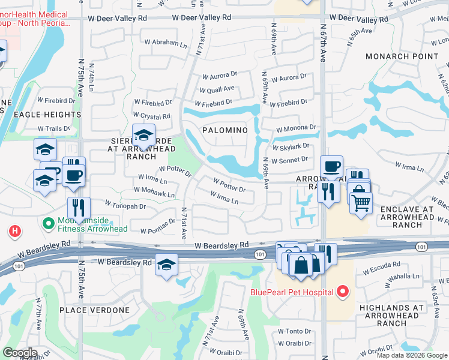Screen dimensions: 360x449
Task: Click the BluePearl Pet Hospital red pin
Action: [x=343, y=292]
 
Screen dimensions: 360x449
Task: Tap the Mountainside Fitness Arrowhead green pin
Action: [x=49, y=223]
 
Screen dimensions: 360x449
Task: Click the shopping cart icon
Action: [x=360, y=204]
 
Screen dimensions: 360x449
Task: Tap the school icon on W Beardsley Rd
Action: [x=166, y=265]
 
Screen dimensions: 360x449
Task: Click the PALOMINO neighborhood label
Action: [x=224, y=130]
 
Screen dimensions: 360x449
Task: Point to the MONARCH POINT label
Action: [x=402, y=56]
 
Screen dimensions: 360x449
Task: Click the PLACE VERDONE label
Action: [x=94, y=310]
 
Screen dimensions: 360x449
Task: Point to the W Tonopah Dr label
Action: [x=125, y=206]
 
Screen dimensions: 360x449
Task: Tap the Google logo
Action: [x=20, y=353]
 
